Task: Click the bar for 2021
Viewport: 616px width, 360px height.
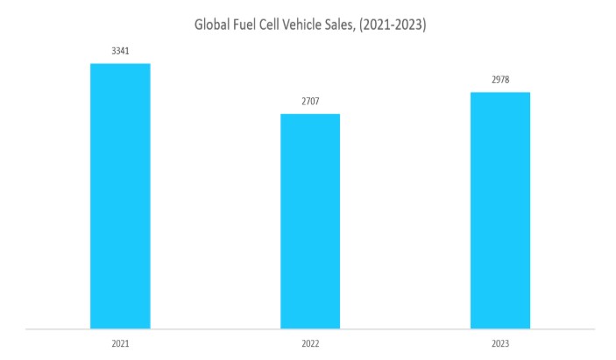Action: click(x=120, y=196)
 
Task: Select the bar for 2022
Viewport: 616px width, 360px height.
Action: click(x=310, y=222)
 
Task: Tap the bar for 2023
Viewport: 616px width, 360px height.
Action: click(x=500, y=210)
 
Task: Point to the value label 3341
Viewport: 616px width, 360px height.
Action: click(x=120, y=52)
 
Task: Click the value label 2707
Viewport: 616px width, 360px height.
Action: click(x=310, y=102)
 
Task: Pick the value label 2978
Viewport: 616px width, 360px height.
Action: click(x=500, y=81)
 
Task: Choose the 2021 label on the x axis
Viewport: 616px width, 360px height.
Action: click(x=120, y=344)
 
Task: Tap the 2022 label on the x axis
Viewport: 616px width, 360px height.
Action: click(x=310, y=344)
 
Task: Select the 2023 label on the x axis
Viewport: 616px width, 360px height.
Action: click(x=500, y=344)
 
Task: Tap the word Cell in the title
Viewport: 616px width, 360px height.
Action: click(x=284, y=25)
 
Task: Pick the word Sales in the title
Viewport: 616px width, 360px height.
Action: click(x=364, y=25)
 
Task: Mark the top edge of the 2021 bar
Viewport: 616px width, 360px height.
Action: click(x=120, y=64)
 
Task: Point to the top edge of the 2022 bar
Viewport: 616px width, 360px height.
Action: click(x=310, y=115)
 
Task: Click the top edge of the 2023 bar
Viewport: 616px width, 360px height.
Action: click(x=500, y=93)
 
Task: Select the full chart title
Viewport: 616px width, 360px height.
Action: click(x=310, y=25)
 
